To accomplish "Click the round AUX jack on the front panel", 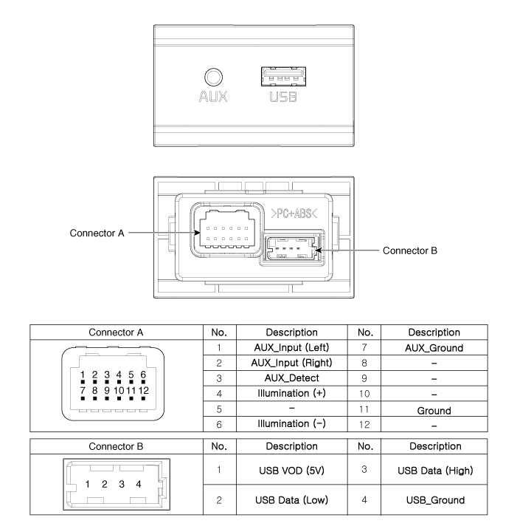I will (214, 77).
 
